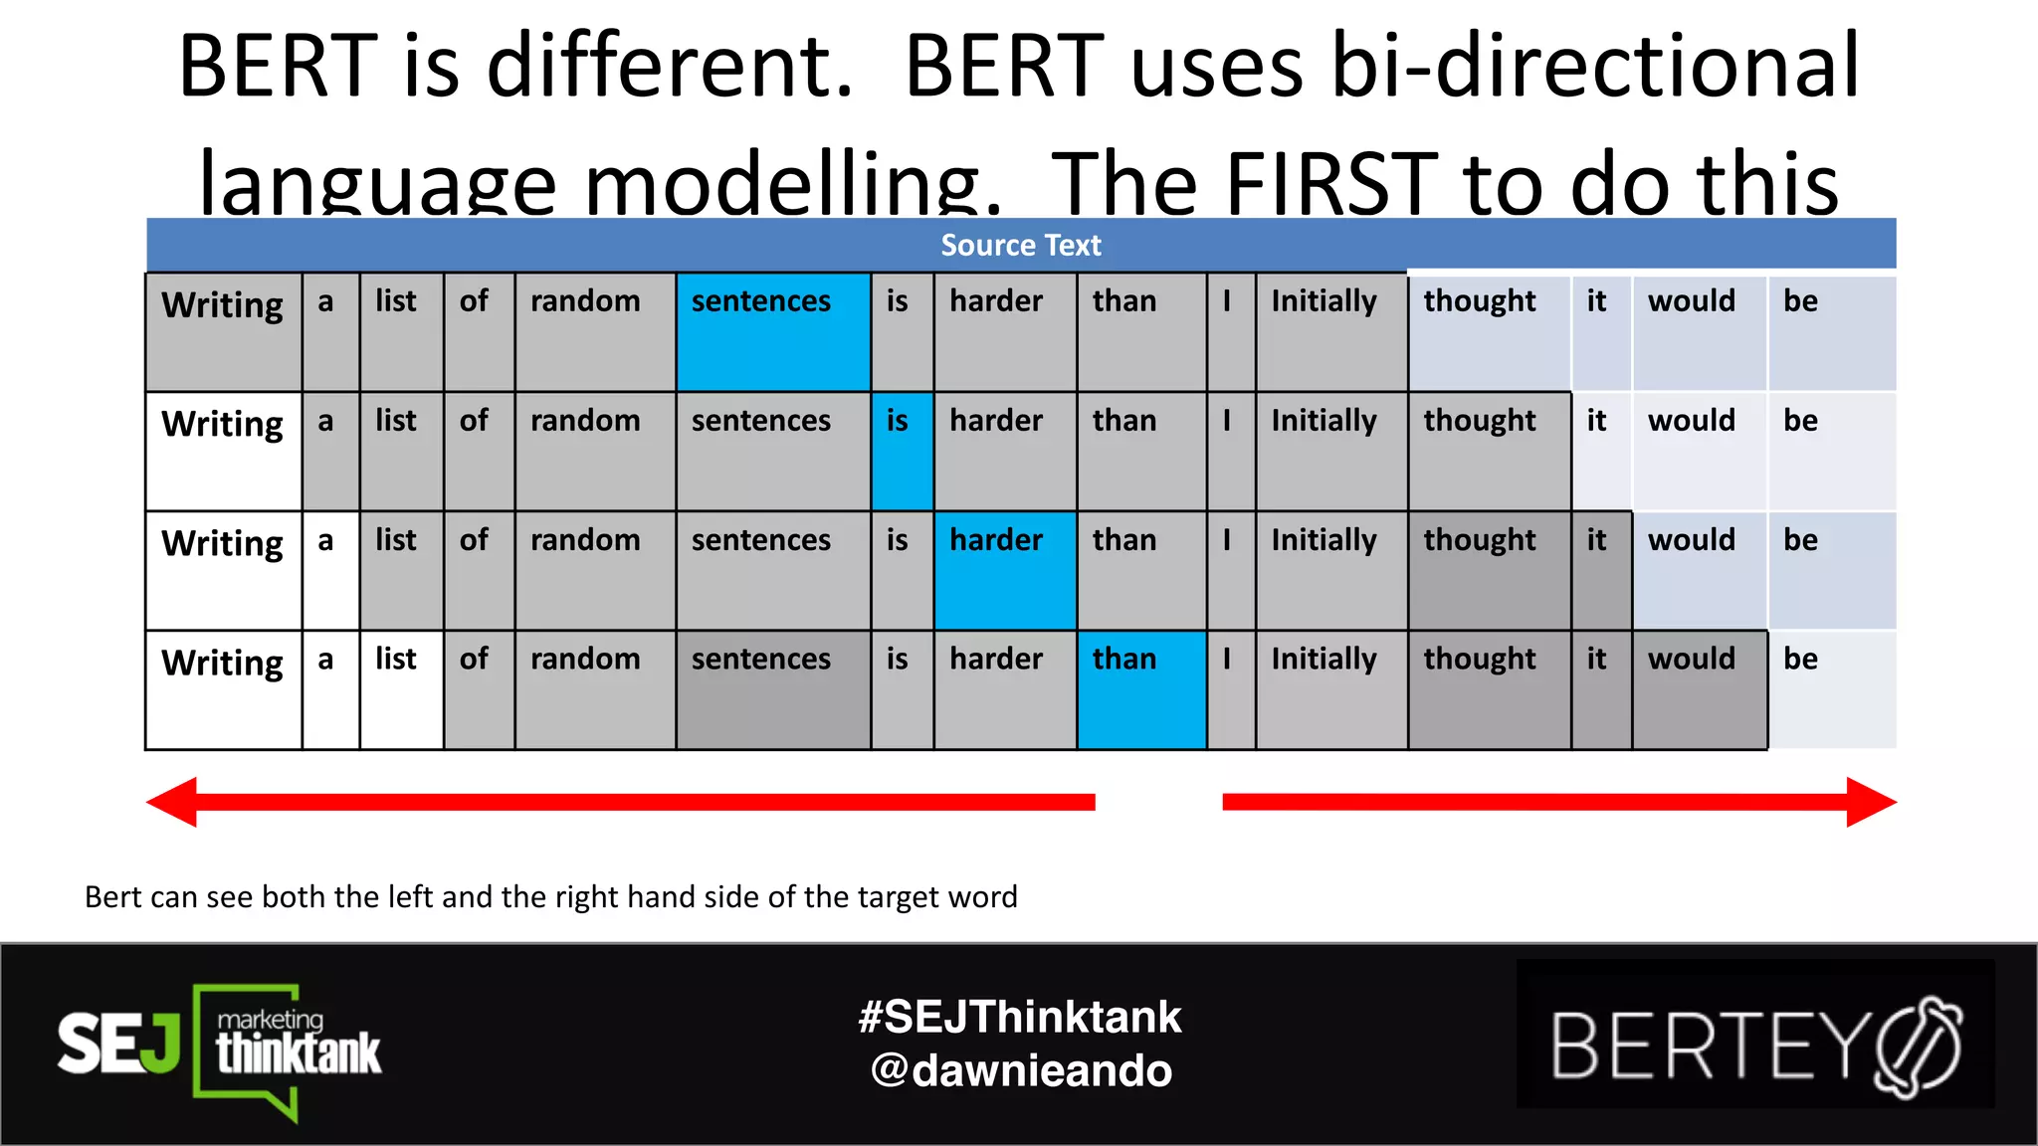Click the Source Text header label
point(1020,245)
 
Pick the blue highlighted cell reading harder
point(1004,570)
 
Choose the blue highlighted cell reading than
point(1140,689)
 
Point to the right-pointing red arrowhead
point(1871,802)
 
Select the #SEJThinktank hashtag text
point(1020,1017)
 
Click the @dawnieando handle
point(1020,1070)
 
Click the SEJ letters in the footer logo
point(117,1044)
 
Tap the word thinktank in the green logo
point(299,1053)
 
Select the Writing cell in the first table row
point(223,331)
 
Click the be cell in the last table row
point(1831,689)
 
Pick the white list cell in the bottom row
point(400,689)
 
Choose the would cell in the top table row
point(1699,331)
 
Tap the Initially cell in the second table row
point(1330,451)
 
